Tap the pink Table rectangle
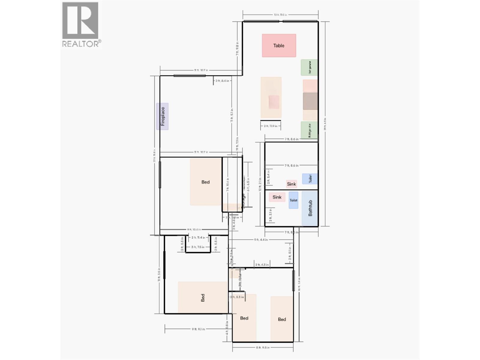[x=279, y=46]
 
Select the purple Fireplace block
[x=162, y=116]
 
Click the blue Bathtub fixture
[x=310, y=208]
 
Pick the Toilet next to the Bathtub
[x=293, y=200]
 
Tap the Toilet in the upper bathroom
[x=310, y=179]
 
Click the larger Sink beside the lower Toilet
[x=277, y=197]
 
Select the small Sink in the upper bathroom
[x=291, y=184]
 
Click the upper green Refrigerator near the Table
[x=309, y=67]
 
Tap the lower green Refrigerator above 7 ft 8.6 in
[x=309, y=130]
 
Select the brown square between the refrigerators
[x=310, y=101]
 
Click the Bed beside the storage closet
[x=206, y=182]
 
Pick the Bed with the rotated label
[x=202, y=298]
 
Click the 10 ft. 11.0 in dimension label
[x=280, y=14]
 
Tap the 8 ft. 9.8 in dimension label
[x=263, y=347]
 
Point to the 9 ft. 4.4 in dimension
[x=261, y=240]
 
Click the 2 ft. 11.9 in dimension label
[x=270, y=126]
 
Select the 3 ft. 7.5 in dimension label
[x=198, y=247]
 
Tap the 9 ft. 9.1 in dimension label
[x=198, y=329]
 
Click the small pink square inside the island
[x=274, y=102]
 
